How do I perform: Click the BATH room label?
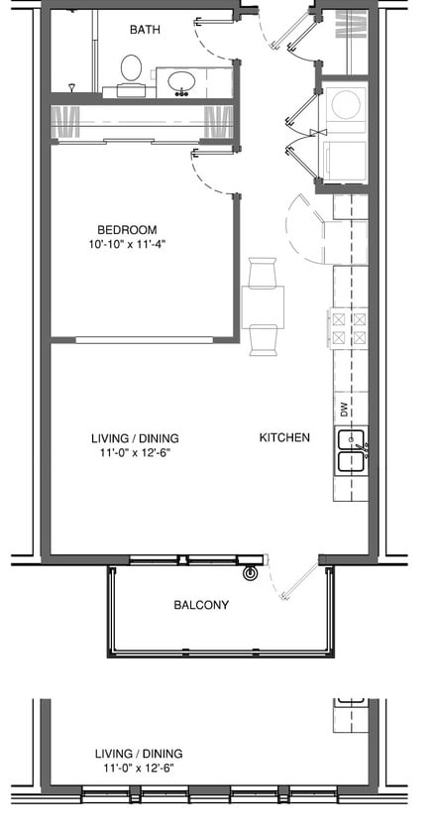(x=145, y=30)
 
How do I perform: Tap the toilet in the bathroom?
(x=131, y=71)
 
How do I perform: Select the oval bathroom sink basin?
(x=181, y=80)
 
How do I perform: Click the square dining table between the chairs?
(x=263, y=302)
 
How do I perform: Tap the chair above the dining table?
(x=264, y=272)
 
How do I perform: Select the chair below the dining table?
(x=264, y=339)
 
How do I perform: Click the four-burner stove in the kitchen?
(x=348, y=328)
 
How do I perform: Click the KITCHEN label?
(x=284, y=437)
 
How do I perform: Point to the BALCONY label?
(x=201, y=605)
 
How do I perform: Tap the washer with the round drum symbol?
(x=346, y=105)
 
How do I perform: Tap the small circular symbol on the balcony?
(x=251, y=572)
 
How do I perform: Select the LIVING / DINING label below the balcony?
(x=139, y=754)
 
